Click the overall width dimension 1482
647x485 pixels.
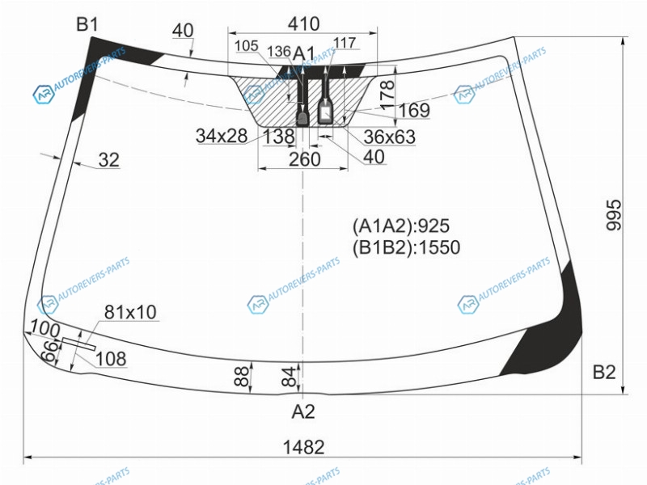tap(304, 447)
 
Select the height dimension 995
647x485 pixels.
tap(614, 214)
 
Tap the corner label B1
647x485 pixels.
tap(87, 25)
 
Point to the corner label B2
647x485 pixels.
tap(604, 372)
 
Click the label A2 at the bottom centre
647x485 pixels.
tap(303, 411)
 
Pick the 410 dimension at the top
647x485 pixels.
tap(304, 24)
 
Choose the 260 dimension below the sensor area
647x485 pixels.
tap(305, 159)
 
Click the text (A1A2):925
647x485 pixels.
tap(400, 226)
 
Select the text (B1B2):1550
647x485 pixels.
tap(406, 247)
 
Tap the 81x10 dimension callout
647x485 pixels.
tap(130, 312)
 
